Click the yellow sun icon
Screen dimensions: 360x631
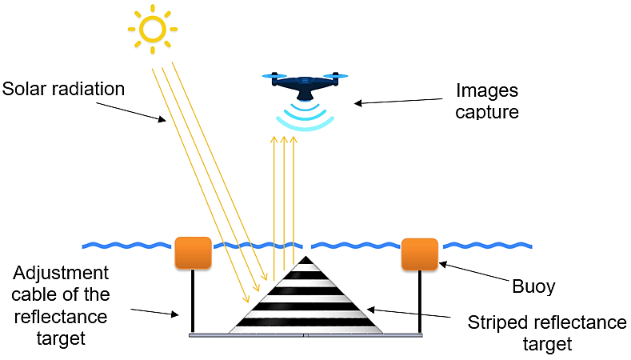(152, 29)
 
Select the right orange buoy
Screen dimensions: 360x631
(419, 254)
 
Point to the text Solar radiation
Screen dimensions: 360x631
(64, 89)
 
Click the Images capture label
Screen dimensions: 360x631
(487, 102)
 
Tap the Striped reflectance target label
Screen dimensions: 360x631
(546, 333)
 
